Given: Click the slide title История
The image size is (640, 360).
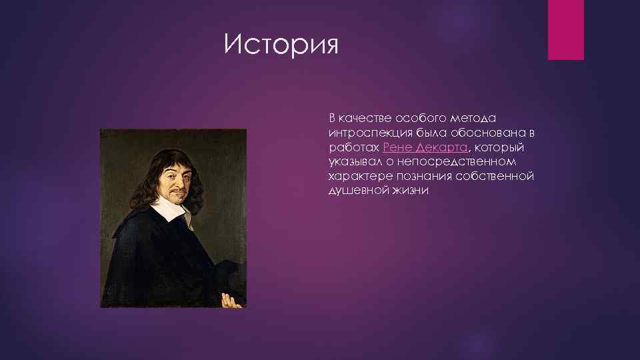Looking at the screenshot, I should click(x=281, y=45).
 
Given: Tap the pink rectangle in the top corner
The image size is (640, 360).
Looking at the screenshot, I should click(x=565, y=29).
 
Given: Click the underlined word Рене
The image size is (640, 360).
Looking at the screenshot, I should click(x=398, y=147).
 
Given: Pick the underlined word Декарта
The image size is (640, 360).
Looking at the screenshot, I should click(x=443, y=147).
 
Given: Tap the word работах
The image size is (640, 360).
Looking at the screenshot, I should click(x=355, y=147).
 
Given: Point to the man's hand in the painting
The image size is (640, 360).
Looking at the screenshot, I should click(x=230, y=299).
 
